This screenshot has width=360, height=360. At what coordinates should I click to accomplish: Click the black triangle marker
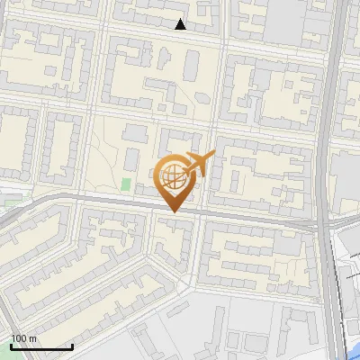(181, 24)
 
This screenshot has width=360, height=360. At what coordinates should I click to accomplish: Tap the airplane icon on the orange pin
(199, 165)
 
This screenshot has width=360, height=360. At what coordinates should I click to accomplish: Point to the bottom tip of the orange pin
(173, 211)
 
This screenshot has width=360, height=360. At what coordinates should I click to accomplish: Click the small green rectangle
(126, 184)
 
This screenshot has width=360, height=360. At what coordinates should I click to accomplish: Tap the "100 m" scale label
(24, 337)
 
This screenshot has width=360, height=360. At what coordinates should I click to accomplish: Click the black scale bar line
(41, 346)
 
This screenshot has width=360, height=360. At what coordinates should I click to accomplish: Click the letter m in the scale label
(32, 337)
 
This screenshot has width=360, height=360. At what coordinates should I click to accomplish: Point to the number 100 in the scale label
(19, 337)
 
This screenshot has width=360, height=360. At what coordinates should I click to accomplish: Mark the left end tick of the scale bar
(11, 345)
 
